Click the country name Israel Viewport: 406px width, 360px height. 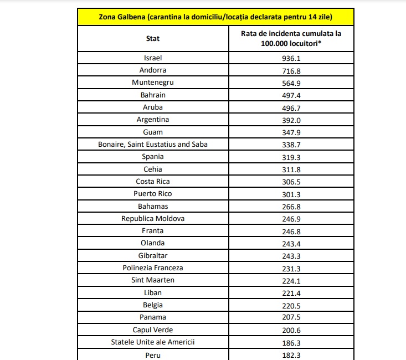pyautogui.click(x=153, y=58)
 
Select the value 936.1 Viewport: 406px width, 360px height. pyautogui.click(x=291, y=58)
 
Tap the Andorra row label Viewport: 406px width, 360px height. pyautogui.click(x=153, y=70)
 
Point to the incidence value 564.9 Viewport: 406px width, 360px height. pyautogui.click(x=291, y=83)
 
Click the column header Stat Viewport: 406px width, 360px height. pyautogui.click(x=153, y=38)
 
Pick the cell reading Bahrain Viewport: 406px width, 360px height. pyautogui.click(x=153, y=95)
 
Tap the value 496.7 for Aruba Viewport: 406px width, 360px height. pyautogui.click(x=291, y=107)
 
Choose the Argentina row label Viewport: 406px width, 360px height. pyautogui.click(x=153, y=119)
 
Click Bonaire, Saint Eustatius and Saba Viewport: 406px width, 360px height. pyautogui.click(x=153, y=144)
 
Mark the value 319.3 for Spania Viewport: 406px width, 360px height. pyautogui.click(x=291, y=156)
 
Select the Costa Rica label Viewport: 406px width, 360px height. pyautogui.click(x=153, y=181)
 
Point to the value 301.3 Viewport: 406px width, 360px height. pyautogui.click(x=291, y=193)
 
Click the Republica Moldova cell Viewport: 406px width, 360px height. pyautogui.click(x=153, y=218)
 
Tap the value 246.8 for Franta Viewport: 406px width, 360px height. pyautogui.click(x=291, y=230)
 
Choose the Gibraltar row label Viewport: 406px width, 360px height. pyautogui.click(x=153, y=255)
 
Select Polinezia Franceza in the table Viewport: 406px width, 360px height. pyautogui.click(x=153, y=268)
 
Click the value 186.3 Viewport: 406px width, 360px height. pyautogui.click(x=291, y=342)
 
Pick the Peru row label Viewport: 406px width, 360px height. pyautogui.click(x=153, y=354)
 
